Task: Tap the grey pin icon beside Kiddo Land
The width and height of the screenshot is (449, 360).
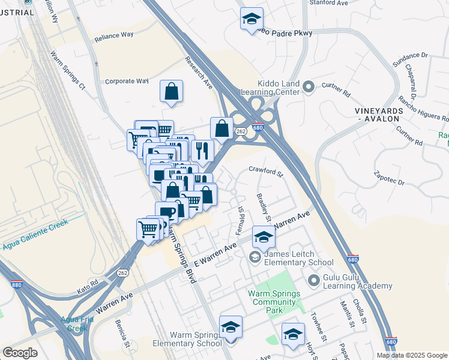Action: pos(309,88)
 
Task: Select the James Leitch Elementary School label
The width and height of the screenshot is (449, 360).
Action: pos(299,258)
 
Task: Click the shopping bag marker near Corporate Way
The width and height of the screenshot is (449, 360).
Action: pos(171,92)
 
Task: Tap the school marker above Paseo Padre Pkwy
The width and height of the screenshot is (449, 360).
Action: pos(252,19)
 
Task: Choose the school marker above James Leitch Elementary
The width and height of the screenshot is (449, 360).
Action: pos(263,237)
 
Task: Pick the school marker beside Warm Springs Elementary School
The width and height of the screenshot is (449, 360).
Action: pos(231,327)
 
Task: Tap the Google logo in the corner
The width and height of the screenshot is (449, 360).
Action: pos(20,353)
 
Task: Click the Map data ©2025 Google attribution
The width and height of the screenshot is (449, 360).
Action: pos(412,355)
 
